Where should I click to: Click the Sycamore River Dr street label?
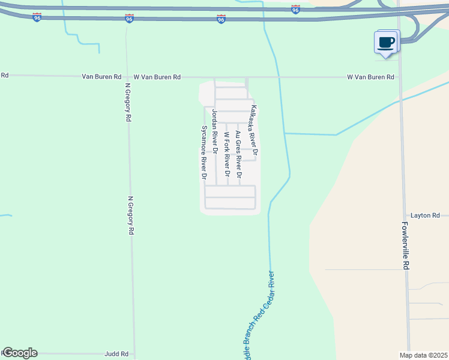[x=203, y=153]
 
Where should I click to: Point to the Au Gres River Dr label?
[x=238, y=155]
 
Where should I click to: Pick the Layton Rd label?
[x=425, y=215]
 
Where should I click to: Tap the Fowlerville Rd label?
[x=406, y=247]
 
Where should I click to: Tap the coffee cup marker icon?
[x=387, y=43]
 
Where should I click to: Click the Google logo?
[x=19, y=353]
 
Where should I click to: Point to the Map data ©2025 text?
[x=423, y=355]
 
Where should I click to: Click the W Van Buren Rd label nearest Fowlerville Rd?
[x=370, y=77]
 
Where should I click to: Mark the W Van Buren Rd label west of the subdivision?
[x=157, y=77]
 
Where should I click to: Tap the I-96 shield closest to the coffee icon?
[x=295, y=10]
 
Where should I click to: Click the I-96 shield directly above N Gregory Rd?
[x=129, y=19]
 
